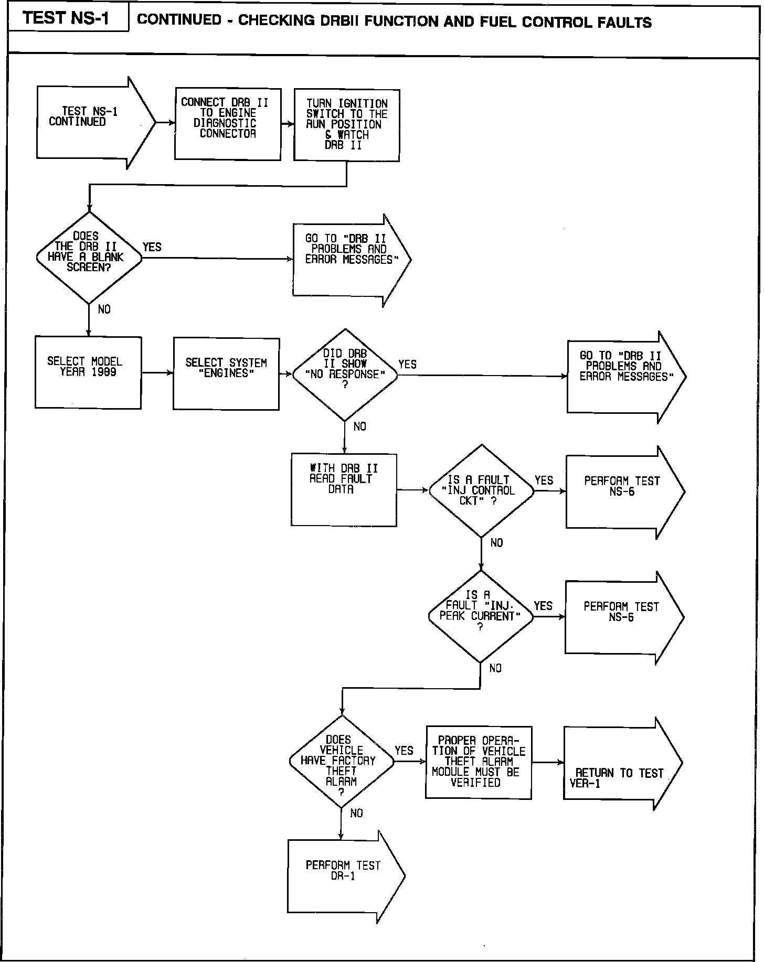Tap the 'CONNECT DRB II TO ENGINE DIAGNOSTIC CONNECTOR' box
click(227, 124)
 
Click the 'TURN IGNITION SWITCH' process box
click(346, 125)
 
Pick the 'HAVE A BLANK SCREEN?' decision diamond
click(89, 257)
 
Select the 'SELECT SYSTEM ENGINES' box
click(226, 373)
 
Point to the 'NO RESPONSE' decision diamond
click(345, 375)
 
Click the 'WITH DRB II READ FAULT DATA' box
click(344, 489)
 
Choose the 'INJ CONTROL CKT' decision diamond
click(481, 491)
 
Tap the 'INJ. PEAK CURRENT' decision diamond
click(480, 616)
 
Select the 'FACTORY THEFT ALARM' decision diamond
click(341, 761)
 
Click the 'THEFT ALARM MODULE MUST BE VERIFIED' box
click(478, 762)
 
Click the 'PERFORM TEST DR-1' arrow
click(344, 877)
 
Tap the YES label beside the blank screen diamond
click(152, 247)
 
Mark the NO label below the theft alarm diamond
click(356, 813)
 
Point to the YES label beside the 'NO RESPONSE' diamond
click(408, 364)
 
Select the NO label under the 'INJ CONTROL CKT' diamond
click(496, 543)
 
